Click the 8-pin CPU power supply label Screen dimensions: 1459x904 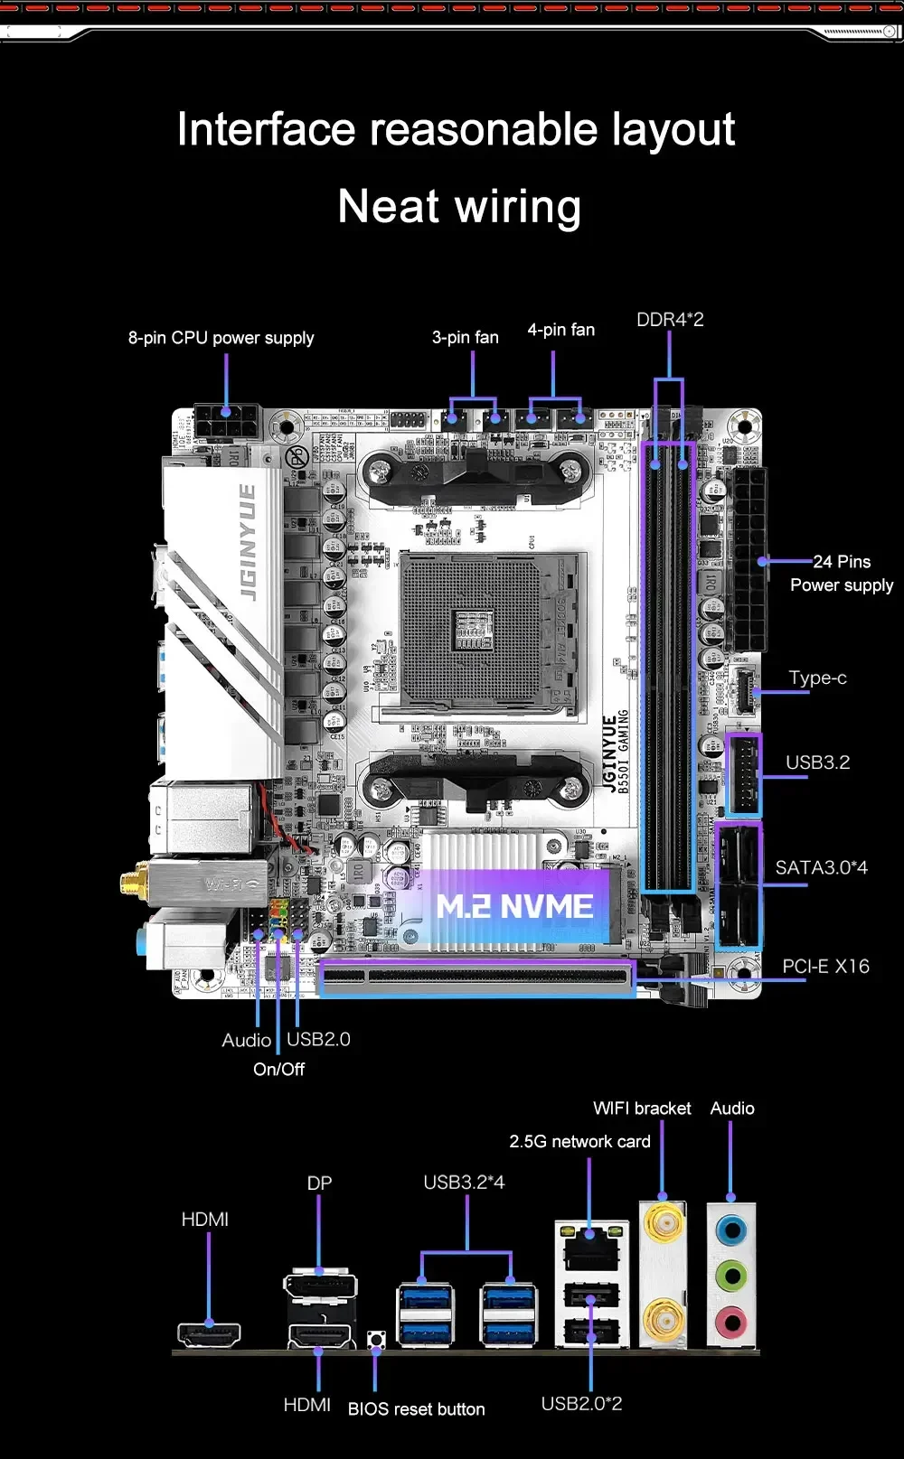221,338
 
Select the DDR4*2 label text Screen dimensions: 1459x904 670,320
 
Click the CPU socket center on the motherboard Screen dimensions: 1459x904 474,629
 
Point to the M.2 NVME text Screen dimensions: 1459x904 514,906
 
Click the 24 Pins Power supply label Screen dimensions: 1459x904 842,574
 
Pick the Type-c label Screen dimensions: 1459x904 817,678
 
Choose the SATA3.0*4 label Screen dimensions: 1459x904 821,867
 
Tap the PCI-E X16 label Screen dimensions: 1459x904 825,967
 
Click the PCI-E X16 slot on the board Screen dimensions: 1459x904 476,977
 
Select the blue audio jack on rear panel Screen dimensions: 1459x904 730,1230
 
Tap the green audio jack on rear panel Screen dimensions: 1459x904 730,1277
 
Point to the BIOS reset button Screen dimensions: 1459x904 376,1338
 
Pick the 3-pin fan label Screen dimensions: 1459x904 465,337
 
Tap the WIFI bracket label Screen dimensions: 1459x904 642,1108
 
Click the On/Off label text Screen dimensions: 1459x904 278,1070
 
